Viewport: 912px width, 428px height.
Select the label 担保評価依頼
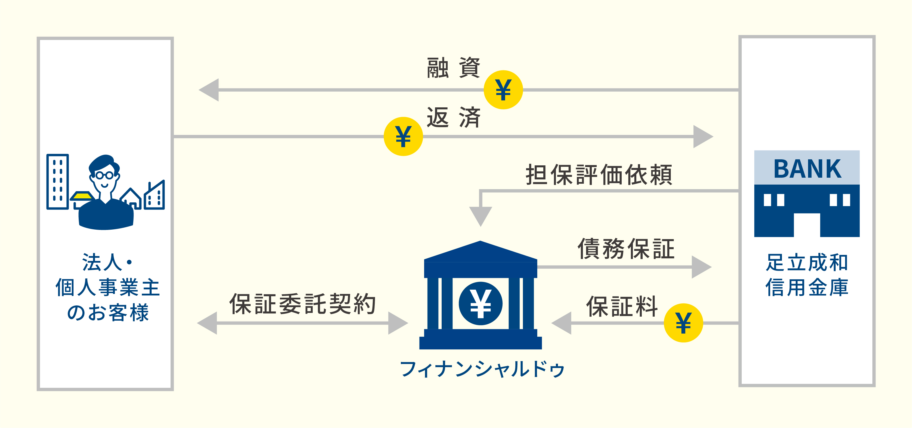point(599,175)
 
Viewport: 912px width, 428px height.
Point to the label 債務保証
point(626,249)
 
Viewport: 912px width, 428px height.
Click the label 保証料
point(622,306)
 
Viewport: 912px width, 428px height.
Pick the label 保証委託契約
point(302,304)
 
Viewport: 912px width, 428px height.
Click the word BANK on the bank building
point(807,169)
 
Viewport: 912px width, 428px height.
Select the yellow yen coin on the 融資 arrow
point(503,90)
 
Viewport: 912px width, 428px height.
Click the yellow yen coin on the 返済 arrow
point(403,136)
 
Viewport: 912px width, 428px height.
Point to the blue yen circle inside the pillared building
point(480,303)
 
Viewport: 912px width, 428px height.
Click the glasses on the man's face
point(105,175)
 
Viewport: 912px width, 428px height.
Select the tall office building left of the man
point(58,182)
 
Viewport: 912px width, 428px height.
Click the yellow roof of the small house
point(82,195)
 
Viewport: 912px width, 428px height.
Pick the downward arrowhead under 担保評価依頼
point(480,216)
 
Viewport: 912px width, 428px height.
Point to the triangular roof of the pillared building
point(480,252)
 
